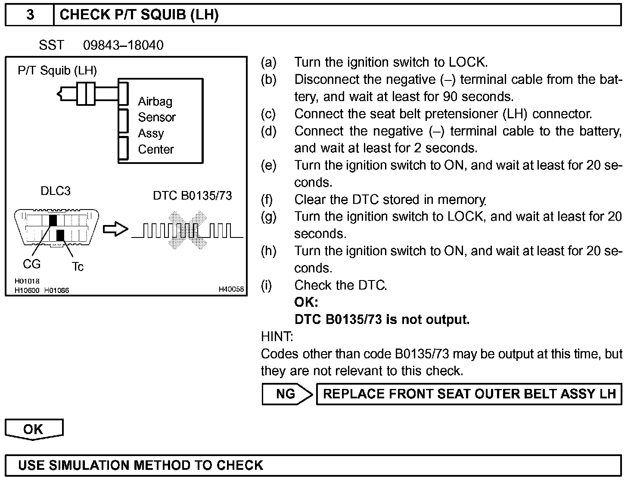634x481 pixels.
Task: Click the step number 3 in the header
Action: pos(30,15)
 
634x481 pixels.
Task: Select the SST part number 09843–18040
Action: pos(123,45)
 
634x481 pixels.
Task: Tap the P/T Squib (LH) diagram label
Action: pos(57,70)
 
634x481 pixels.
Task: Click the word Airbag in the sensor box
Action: pos(155,102)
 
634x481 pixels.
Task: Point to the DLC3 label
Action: pos(55,191)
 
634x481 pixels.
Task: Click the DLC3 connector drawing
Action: pos(56,228)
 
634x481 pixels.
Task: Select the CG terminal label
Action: pos(31,264)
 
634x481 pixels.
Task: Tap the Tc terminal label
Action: pos(78,267)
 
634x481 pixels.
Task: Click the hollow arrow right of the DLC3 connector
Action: pos(115,229)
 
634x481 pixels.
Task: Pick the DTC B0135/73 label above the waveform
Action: pos(192,196)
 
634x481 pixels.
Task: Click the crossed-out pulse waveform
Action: pos(187,231)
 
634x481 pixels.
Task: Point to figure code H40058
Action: pos(231,290)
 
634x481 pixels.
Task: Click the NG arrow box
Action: pos(286,394)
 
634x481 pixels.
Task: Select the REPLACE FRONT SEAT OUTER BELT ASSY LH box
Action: pos(469,394)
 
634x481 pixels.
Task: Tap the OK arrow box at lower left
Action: pos(34,429)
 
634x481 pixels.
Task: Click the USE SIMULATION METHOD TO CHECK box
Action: pos(313,466)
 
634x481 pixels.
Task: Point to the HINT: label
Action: pos(277,336)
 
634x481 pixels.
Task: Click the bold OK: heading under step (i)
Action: pos(306,302)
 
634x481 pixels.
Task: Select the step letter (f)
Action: pos(267,200)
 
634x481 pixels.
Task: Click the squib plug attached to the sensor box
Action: pos(86,93)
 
